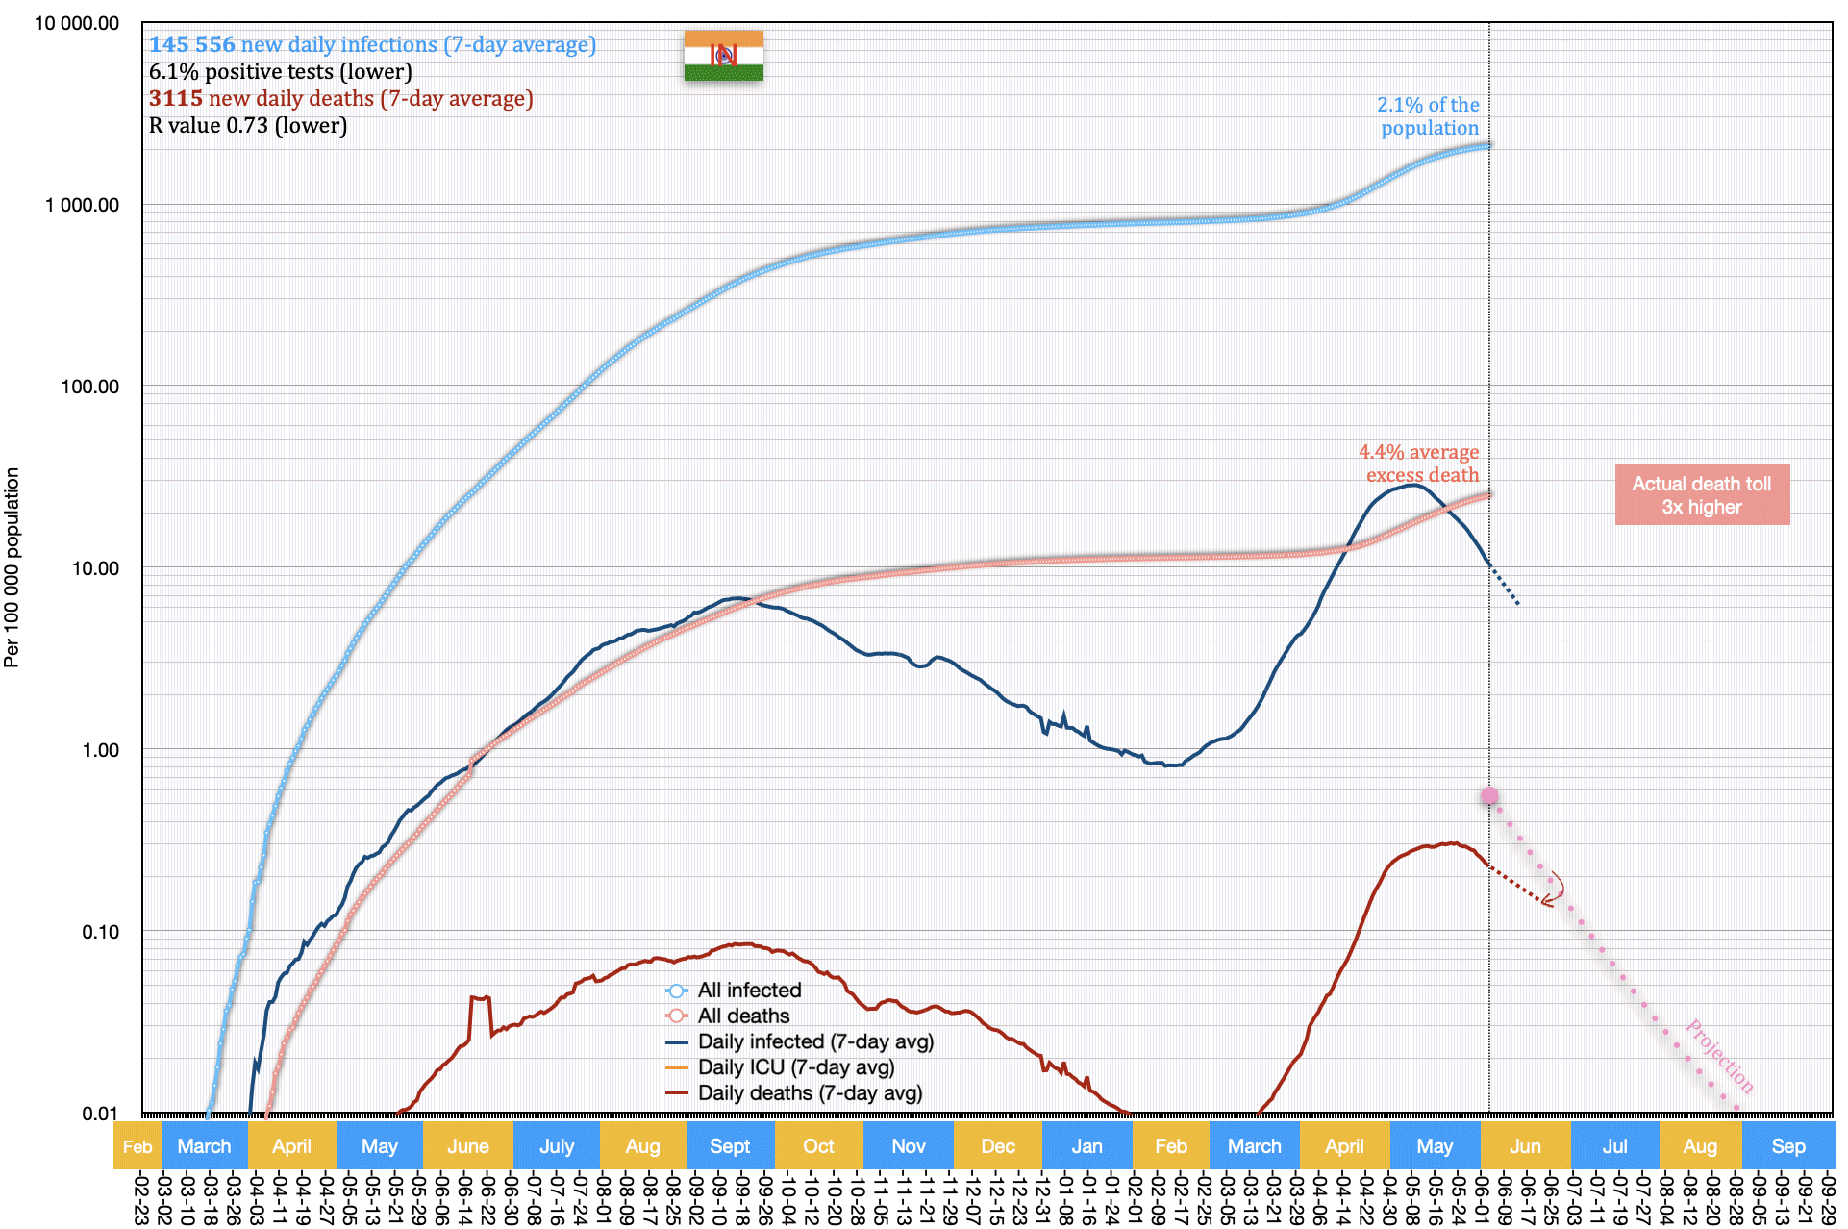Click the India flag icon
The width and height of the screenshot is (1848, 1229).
pos(723,56)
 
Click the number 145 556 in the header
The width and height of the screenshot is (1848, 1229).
pos(192,45)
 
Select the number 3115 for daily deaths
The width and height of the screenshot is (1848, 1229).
pos(176,99)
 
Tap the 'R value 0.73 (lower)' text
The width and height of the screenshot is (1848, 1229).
pos(248,126)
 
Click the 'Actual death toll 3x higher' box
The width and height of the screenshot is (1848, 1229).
pos(1701,495)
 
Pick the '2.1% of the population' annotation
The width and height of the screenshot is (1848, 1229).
pos(1428,116)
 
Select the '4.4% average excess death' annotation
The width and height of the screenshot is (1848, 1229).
pos(1419,464)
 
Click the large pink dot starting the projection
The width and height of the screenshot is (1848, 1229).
pos(1489,796)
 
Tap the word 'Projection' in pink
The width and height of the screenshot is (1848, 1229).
pos(1720,1056)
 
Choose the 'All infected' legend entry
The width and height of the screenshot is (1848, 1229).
pos(749,991)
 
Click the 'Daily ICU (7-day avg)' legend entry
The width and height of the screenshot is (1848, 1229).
pos(795,1067)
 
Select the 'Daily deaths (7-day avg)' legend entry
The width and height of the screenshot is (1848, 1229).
pos(810,1093)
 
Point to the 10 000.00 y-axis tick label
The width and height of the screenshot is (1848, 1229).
pos(77,24)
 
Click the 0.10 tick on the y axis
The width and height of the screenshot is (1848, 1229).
pos(100,932)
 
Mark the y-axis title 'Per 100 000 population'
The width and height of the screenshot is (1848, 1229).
pos(12,567)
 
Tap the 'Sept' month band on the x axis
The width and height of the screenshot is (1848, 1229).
pos(730,1146)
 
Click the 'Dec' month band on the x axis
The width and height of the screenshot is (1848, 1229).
pos(998,1146)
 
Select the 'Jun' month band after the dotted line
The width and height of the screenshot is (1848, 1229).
pos(1525,1146)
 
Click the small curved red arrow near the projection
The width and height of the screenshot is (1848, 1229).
pos(1552,890)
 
